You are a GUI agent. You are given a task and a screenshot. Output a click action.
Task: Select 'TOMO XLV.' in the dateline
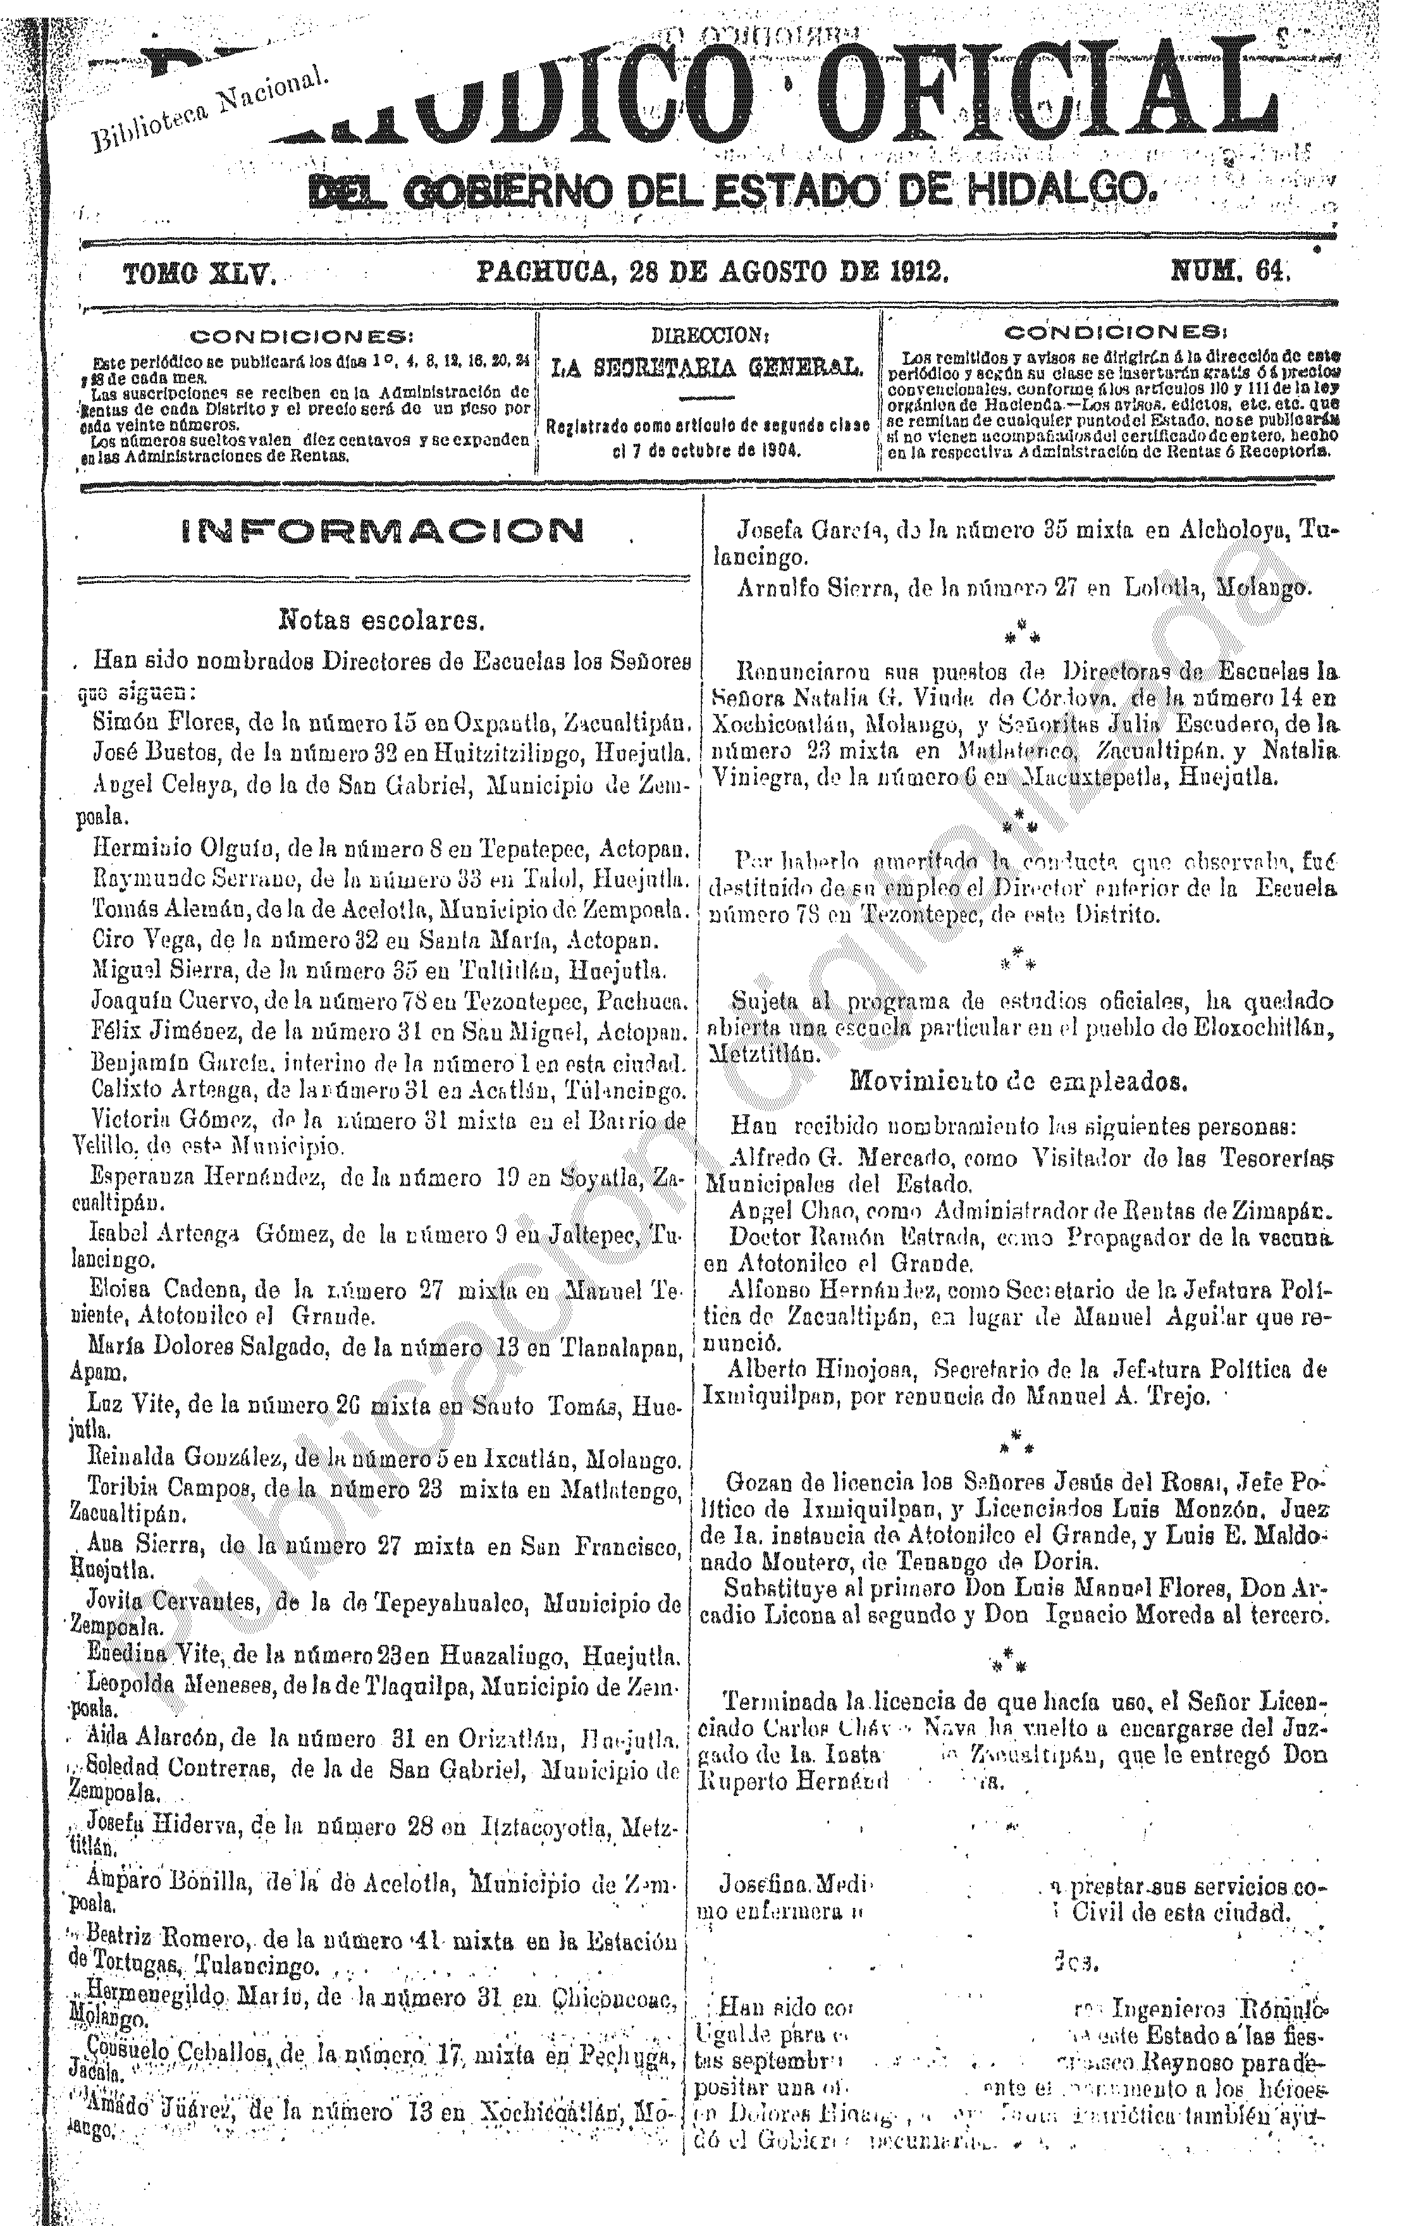click(x=199, y=273)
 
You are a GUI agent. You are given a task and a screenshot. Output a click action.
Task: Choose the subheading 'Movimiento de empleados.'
click(x=1019, y=1081)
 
